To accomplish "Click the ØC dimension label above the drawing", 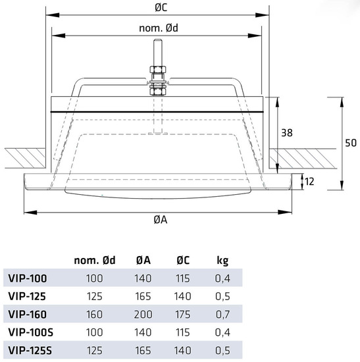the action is pos(161,7).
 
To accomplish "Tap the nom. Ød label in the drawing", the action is pos(159,28).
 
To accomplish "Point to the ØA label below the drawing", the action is pos(161,220).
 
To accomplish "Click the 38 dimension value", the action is pos(287,133).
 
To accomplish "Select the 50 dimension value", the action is pos(351,143).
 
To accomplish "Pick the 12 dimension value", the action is pos(309,182).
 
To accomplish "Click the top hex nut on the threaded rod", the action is pos(158,69).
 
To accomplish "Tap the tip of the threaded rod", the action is pos(158,39).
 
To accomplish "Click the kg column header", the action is pos(222,261).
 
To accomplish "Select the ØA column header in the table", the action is pos(143,260).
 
